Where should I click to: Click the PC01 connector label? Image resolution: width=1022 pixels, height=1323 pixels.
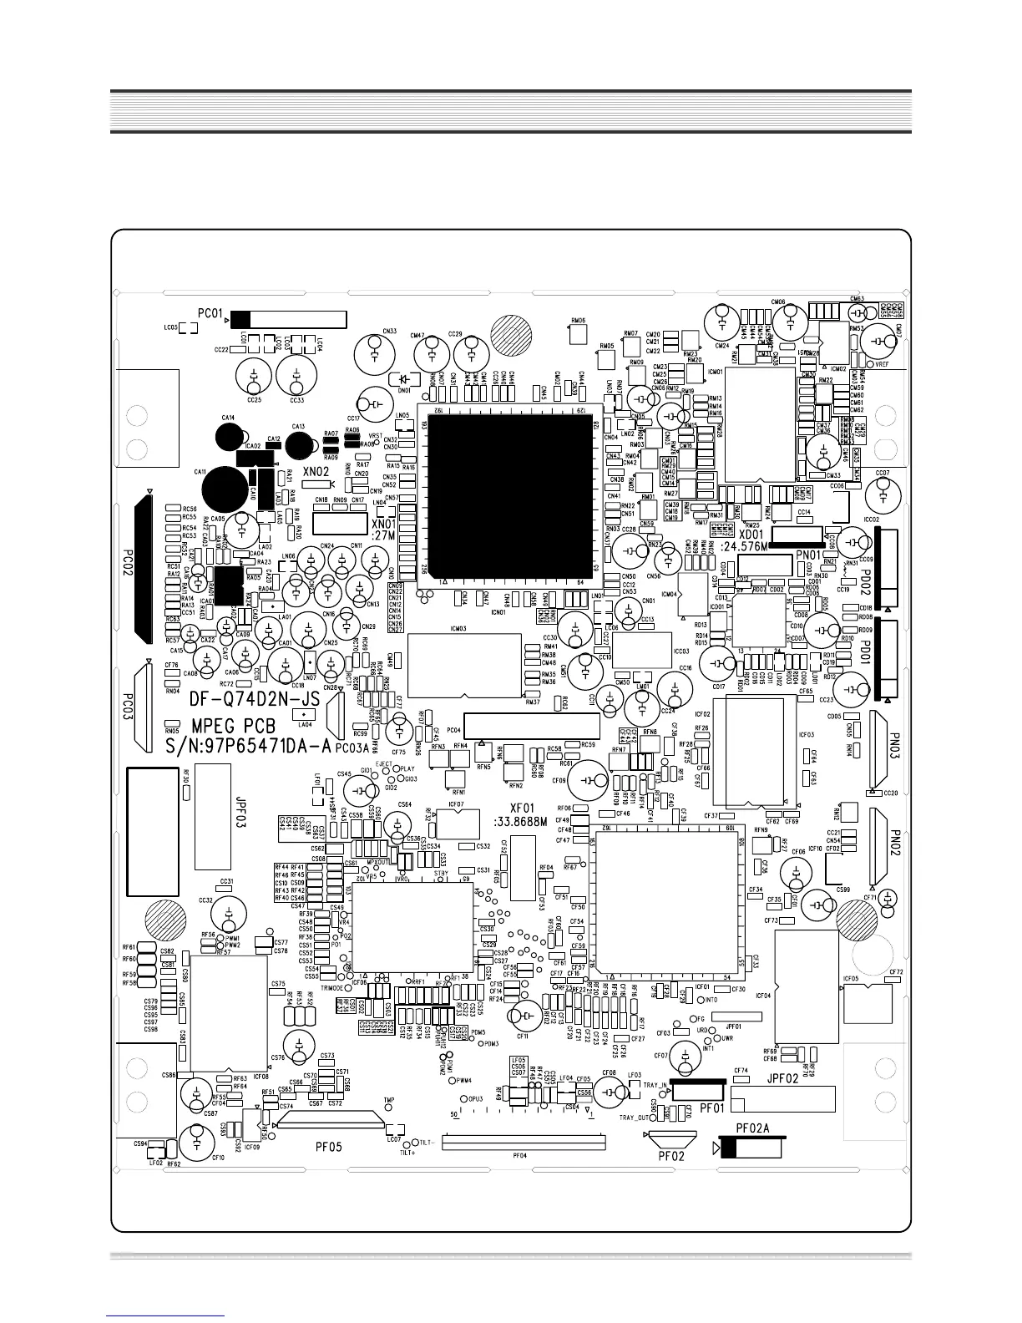[x=210, y=315]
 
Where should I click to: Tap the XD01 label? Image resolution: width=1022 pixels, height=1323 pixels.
[x=751, y=535]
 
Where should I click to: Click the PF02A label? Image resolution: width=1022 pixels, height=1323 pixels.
[x=752, y=1128]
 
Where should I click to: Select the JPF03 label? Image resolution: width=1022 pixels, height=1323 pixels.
[x=240, y=811]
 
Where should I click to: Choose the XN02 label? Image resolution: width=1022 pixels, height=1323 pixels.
[x=316, y=472]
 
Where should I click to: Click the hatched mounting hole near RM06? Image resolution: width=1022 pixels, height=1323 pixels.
[x=511, y=336]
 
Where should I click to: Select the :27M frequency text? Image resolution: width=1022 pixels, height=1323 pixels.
[x=382, y=535]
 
